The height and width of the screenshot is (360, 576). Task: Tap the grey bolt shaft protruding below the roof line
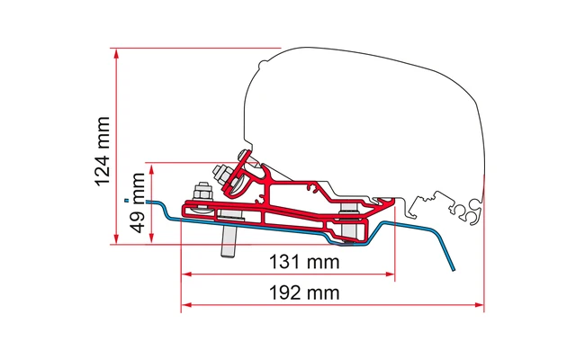pos(230,238)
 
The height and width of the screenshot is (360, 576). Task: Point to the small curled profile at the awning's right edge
pos(469,211)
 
